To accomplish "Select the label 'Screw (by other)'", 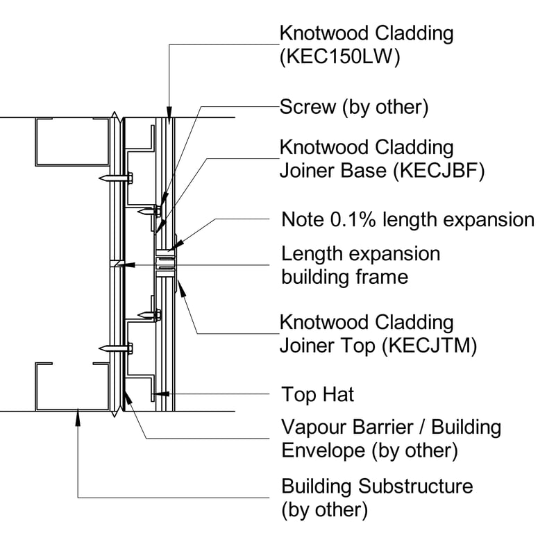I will click(x=353, y=107).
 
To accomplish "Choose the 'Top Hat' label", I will click(x=317, y=395).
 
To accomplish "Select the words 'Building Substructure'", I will click(x=377, y=485).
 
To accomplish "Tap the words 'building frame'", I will click(x=344, y=277).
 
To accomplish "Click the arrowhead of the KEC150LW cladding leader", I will click(x=168, y=115).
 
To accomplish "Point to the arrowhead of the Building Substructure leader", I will click(x=79, y=414).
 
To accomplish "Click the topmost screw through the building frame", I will click(x=118, y=179).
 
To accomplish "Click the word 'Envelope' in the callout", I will click(x=323, y=450).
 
